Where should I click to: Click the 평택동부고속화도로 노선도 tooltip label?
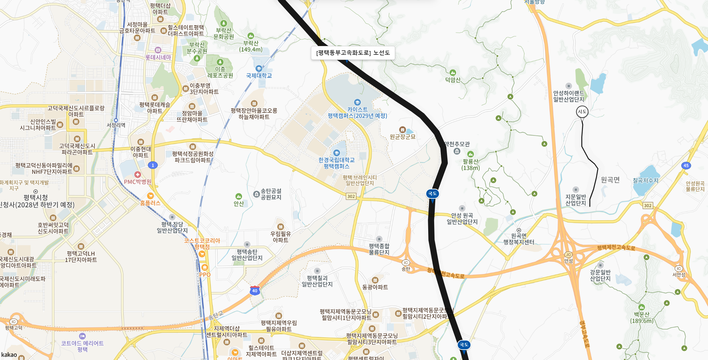[353, 53]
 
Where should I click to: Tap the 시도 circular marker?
[582, 111]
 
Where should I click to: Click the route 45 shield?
[686, 165]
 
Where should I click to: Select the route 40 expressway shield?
[255, 290]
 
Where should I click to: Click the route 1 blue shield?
[153, 165]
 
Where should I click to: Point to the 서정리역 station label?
[116, 125]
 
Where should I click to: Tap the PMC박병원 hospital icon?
[137, 174]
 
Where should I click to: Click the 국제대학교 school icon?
[259, 68]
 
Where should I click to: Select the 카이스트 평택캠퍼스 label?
[357, 112]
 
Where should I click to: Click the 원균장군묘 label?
[402, 137]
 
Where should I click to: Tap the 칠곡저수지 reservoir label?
[645, 180]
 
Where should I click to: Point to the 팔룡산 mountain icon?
[470, 154]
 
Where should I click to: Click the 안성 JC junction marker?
[568, 254]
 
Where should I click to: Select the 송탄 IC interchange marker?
[406, 263]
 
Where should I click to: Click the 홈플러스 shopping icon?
[150, 196]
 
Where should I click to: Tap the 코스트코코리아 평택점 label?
[202, 243]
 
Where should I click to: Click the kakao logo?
[9, 355]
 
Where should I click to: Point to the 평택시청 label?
[36, 197]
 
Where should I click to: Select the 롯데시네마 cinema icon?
[158, 50]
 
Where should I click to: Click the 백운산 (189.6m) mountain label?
[642, 317]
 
